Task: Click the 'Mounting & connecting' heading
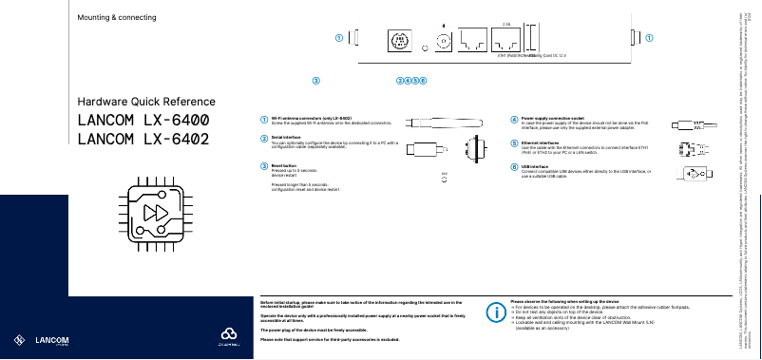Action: (117, 18)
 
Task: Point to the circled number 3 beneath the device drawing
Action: (316, 80)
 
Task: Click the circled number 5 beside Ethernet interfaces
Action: (514, 143)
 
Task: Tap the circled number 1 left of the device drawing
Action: (337, 38)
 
